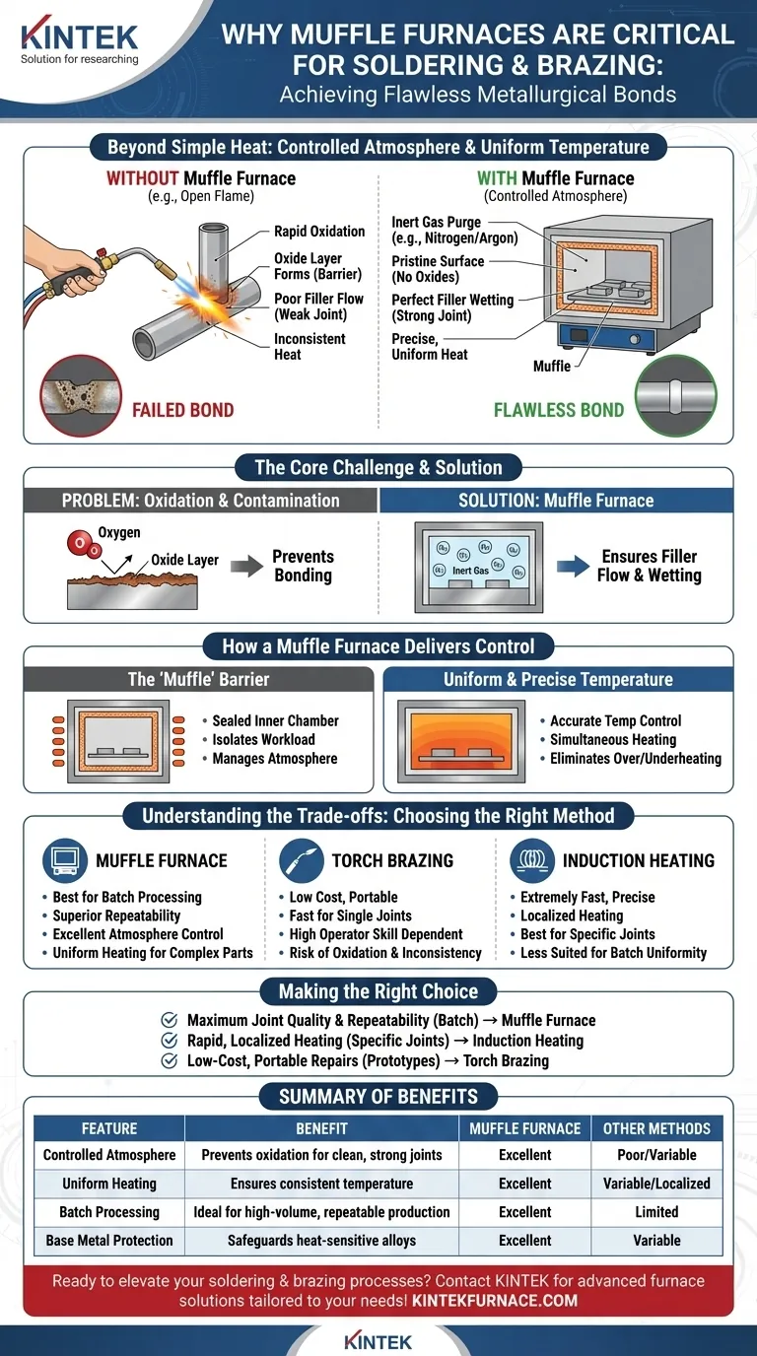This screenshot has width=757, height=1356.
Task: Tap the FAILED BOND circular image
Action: click(x=81, y=396)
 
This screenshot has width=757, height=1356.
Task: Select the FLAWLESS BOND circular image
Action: click(x=676, y=396)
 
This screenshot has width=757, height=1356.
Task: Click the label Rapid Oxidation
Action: click(x=319, y=232)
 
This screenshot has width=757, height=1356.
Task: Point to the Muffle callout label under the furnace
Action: click(x=552, y=367)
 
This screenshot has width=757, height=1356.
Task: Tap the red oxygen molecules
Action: click(x=84, y=544)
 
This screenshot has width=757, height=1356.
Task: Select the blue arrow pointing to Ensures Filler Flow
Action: click(x=573, y=566)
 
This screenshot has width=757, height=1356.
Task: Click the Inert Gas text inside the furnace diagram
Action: click(x=470, y=571)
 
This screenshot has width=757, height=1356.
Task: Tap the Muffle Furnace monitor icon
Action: click(x=65, y=860)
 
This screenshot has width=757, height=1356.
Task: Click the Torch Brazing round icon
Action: click(x=301, y=860)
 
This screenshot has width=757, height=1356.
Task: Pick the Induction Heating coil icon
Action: click(x=532, y=860)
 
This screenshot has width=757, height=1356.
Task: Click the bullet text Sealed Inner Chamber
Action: click(x=275, y=721)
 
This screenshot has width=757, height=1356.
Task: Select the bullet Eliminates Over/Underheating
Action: click(x=636, y=759)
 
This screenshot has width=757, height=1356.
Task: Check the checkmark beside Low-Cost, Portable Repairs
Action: click(x=170, y=1060)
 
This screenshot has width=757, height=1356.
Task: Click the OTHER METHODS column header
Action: click(x=656, y=1128)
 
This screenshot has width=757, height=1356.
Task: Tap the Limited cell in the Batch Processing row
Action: click(x=656, y=1212)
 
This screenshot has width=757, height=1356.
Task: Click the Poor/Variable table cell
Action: click(x=656, y=1155)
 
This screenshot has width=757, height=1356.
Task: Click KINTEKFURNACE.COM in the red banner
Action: click(x=494, y=1300)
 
